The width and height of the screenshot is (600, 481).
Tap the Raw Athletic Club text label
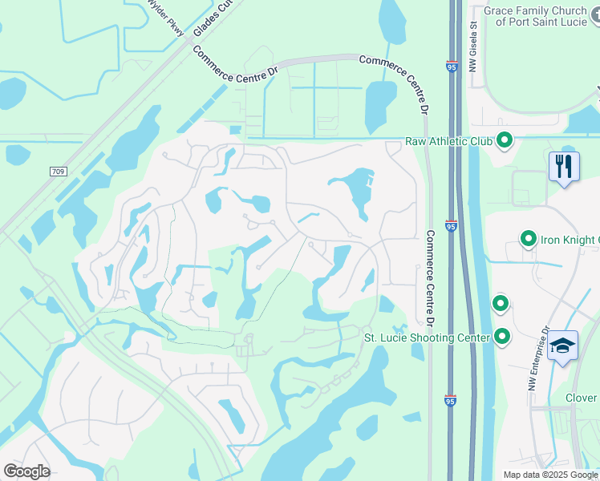tap(448, 141)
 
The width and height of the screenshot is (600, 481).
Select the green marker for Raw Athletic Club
tap(505, 141)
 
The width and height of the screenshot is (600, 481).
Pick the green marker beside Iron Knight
tap(529, 238)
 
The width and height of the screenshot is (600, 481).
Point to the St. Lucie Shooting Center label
tap(427, 338)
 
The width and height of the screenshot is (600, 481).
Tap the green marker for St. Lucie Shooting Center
tap(503, 336)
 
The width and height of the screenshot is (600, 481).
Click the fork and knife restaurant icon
tap(565, 167)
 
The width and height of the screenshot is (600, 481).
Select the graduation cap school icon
tap(563, 346)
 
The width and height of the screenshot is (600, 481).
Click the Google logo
tap(26, 471)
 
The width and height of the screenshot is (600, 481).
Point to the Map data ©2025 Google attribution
tap(550, 475)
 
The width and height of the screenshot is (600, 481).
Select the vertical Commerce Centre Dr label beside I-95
tap(429, 277)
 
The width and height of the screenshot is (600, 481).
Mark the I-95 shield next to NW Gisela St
tap(452, 68)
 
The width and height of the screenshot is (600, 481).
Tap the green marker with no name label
tap(500, 304)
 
